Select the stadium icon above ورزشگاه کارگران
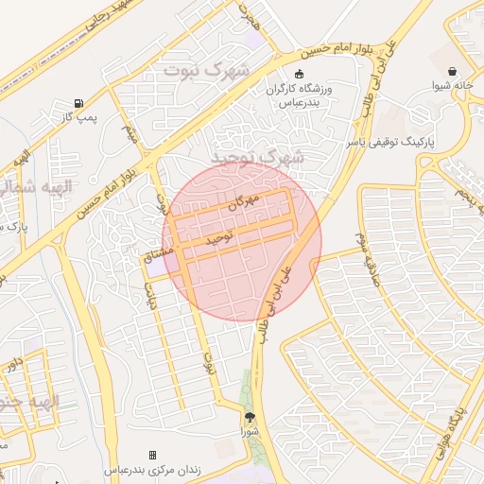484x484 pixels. click(300, 75)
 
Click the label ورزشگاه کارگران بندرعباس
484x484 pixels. click(299, 95)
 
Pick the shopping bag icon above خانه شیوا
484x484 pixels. click(452, 71)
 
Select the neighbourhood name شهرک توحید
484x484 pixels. click(249, 157)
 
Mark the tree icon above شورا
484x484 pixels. click(250, 417)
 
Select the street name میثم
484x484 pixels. click(132, 136)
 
